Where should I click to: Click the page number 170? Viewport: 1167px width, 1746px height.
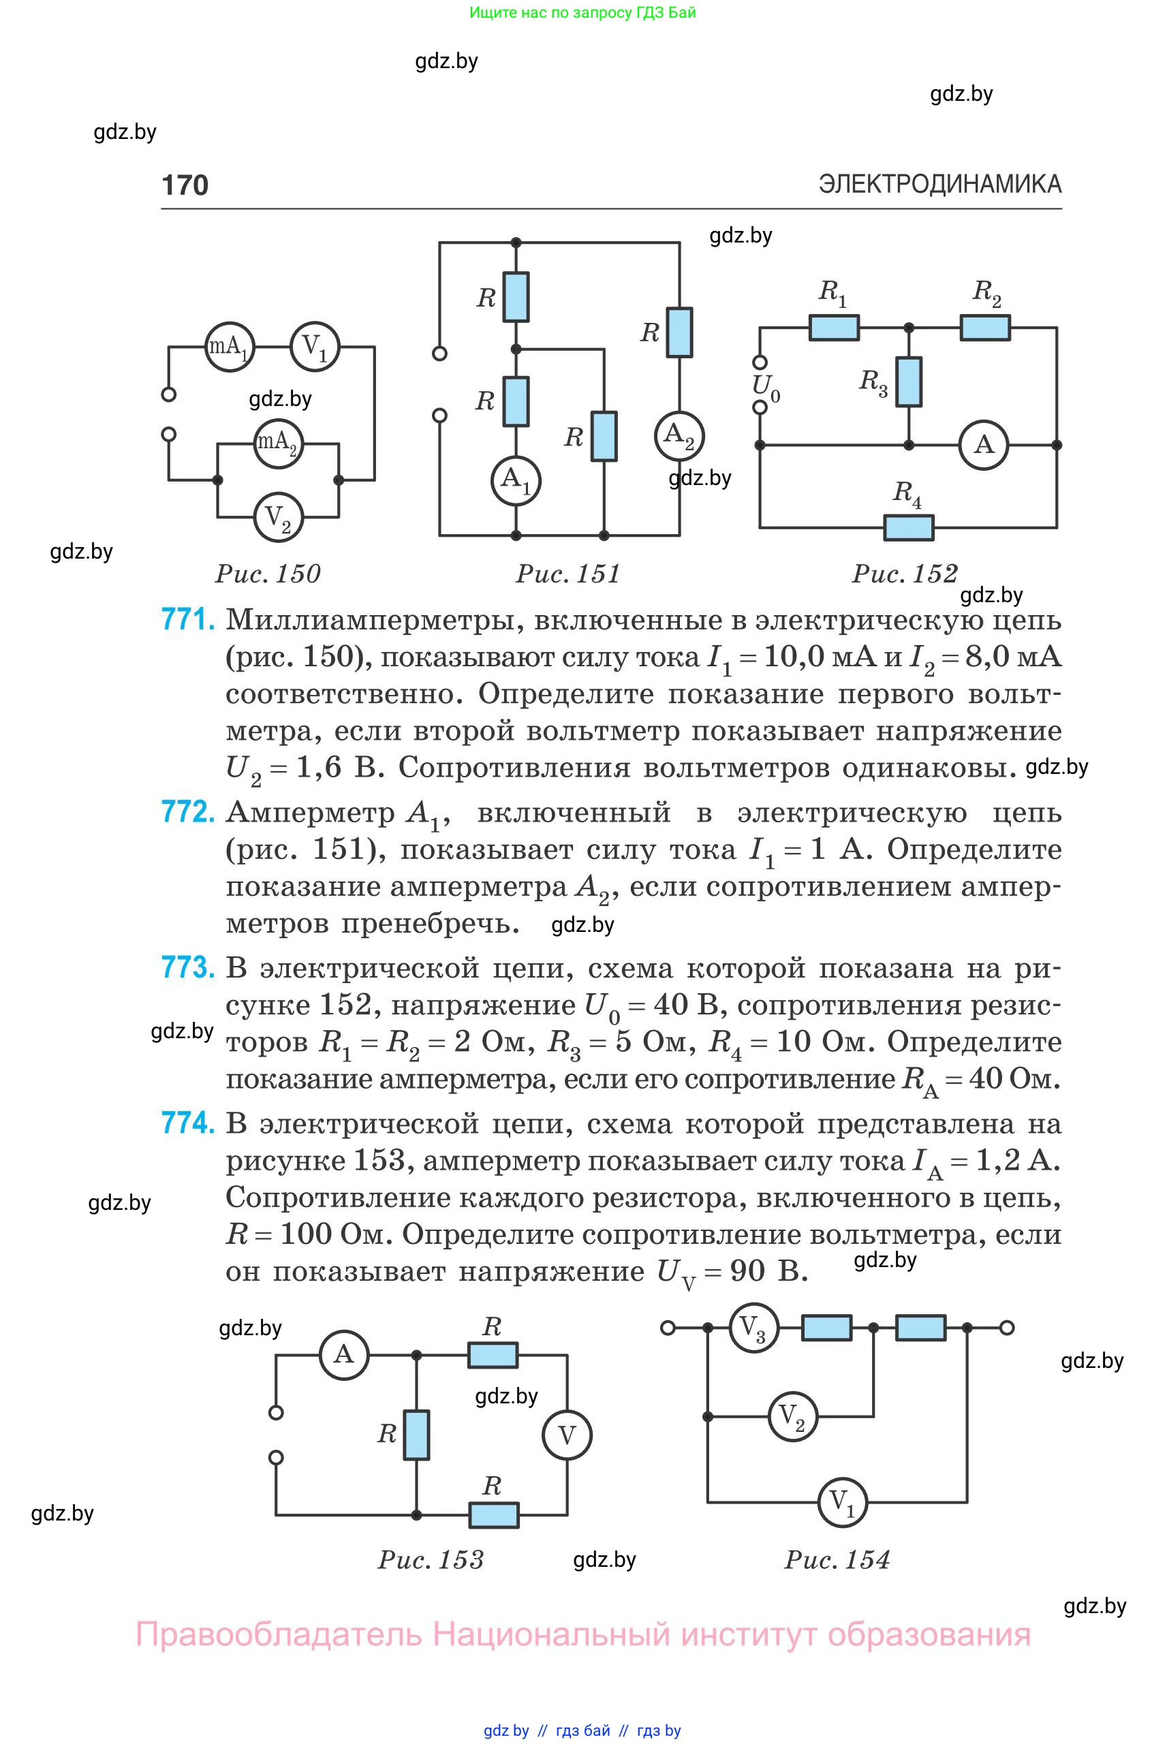tap(185, 185)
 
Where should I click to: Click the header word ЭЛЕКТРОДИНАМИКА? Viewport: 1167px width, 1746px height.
tap(940, 184)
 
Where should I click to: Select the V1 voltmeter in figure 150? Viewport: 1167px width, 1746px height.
tap(315, 347)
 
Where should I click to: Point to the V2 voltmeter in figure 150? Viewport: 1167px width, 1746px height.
tap(279, 516)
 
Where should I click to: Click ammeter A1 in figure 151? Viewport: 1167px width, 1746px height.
tap(516, 481)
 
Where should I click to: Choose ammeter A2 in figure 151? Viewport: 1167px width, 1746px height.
tap(679, 435)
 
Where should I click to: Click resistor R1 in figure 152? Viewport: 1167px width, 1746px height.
tap(834, 328)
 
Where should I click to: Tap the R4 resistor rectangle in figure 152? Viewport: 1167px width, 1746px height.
tap(908, 528)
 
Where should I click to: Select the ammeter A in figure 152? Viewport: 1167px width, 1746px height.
tap(983, 445)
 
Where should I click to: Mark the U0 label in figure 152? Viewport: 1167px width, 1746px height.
tap(766, 387)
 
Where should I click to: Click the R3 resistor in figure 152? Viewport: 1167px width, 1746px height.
tap(908, 381)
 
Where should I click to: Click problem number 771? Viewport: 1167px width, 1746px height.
tap(187, 619)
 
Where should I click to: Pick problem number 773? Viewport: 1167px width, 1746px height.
tap(187, 967)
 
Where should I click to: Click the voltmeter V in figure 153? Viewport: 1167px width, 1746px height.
tap(567, 1435)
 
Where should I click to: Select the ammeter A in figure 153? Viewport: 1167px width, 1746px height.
tap(344, 1354)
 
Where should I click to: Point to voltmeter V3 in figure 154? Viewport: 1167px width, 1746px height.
tap(753, 1328)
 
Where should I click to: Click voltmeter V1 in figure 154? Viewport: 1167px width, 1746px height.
tap(843, 1502)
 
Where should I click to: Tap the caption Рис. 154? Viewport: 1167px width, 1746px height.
tap(837, 1559)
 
